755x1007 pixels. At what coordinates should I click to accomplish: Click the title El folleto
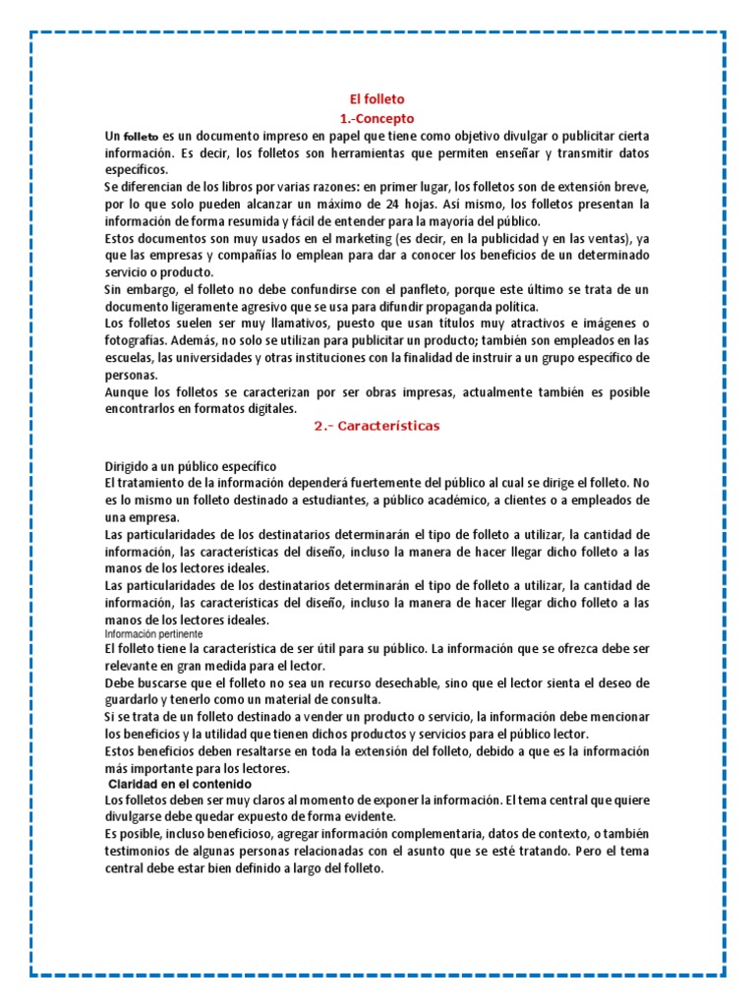point(377,99)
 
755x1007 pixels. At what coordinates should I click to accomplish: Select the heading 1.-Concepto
point(377,118)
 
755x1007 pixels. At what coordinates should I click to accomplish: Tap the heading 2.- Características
point(377,426)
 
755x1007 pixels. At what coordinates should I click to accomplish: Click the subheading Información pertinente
point(149,634)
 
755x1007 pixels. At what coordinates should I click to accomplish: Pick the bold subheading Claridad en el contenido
point(180,784)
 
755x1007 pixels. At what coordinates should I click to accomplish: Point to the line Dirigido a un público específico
point(191,465)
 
